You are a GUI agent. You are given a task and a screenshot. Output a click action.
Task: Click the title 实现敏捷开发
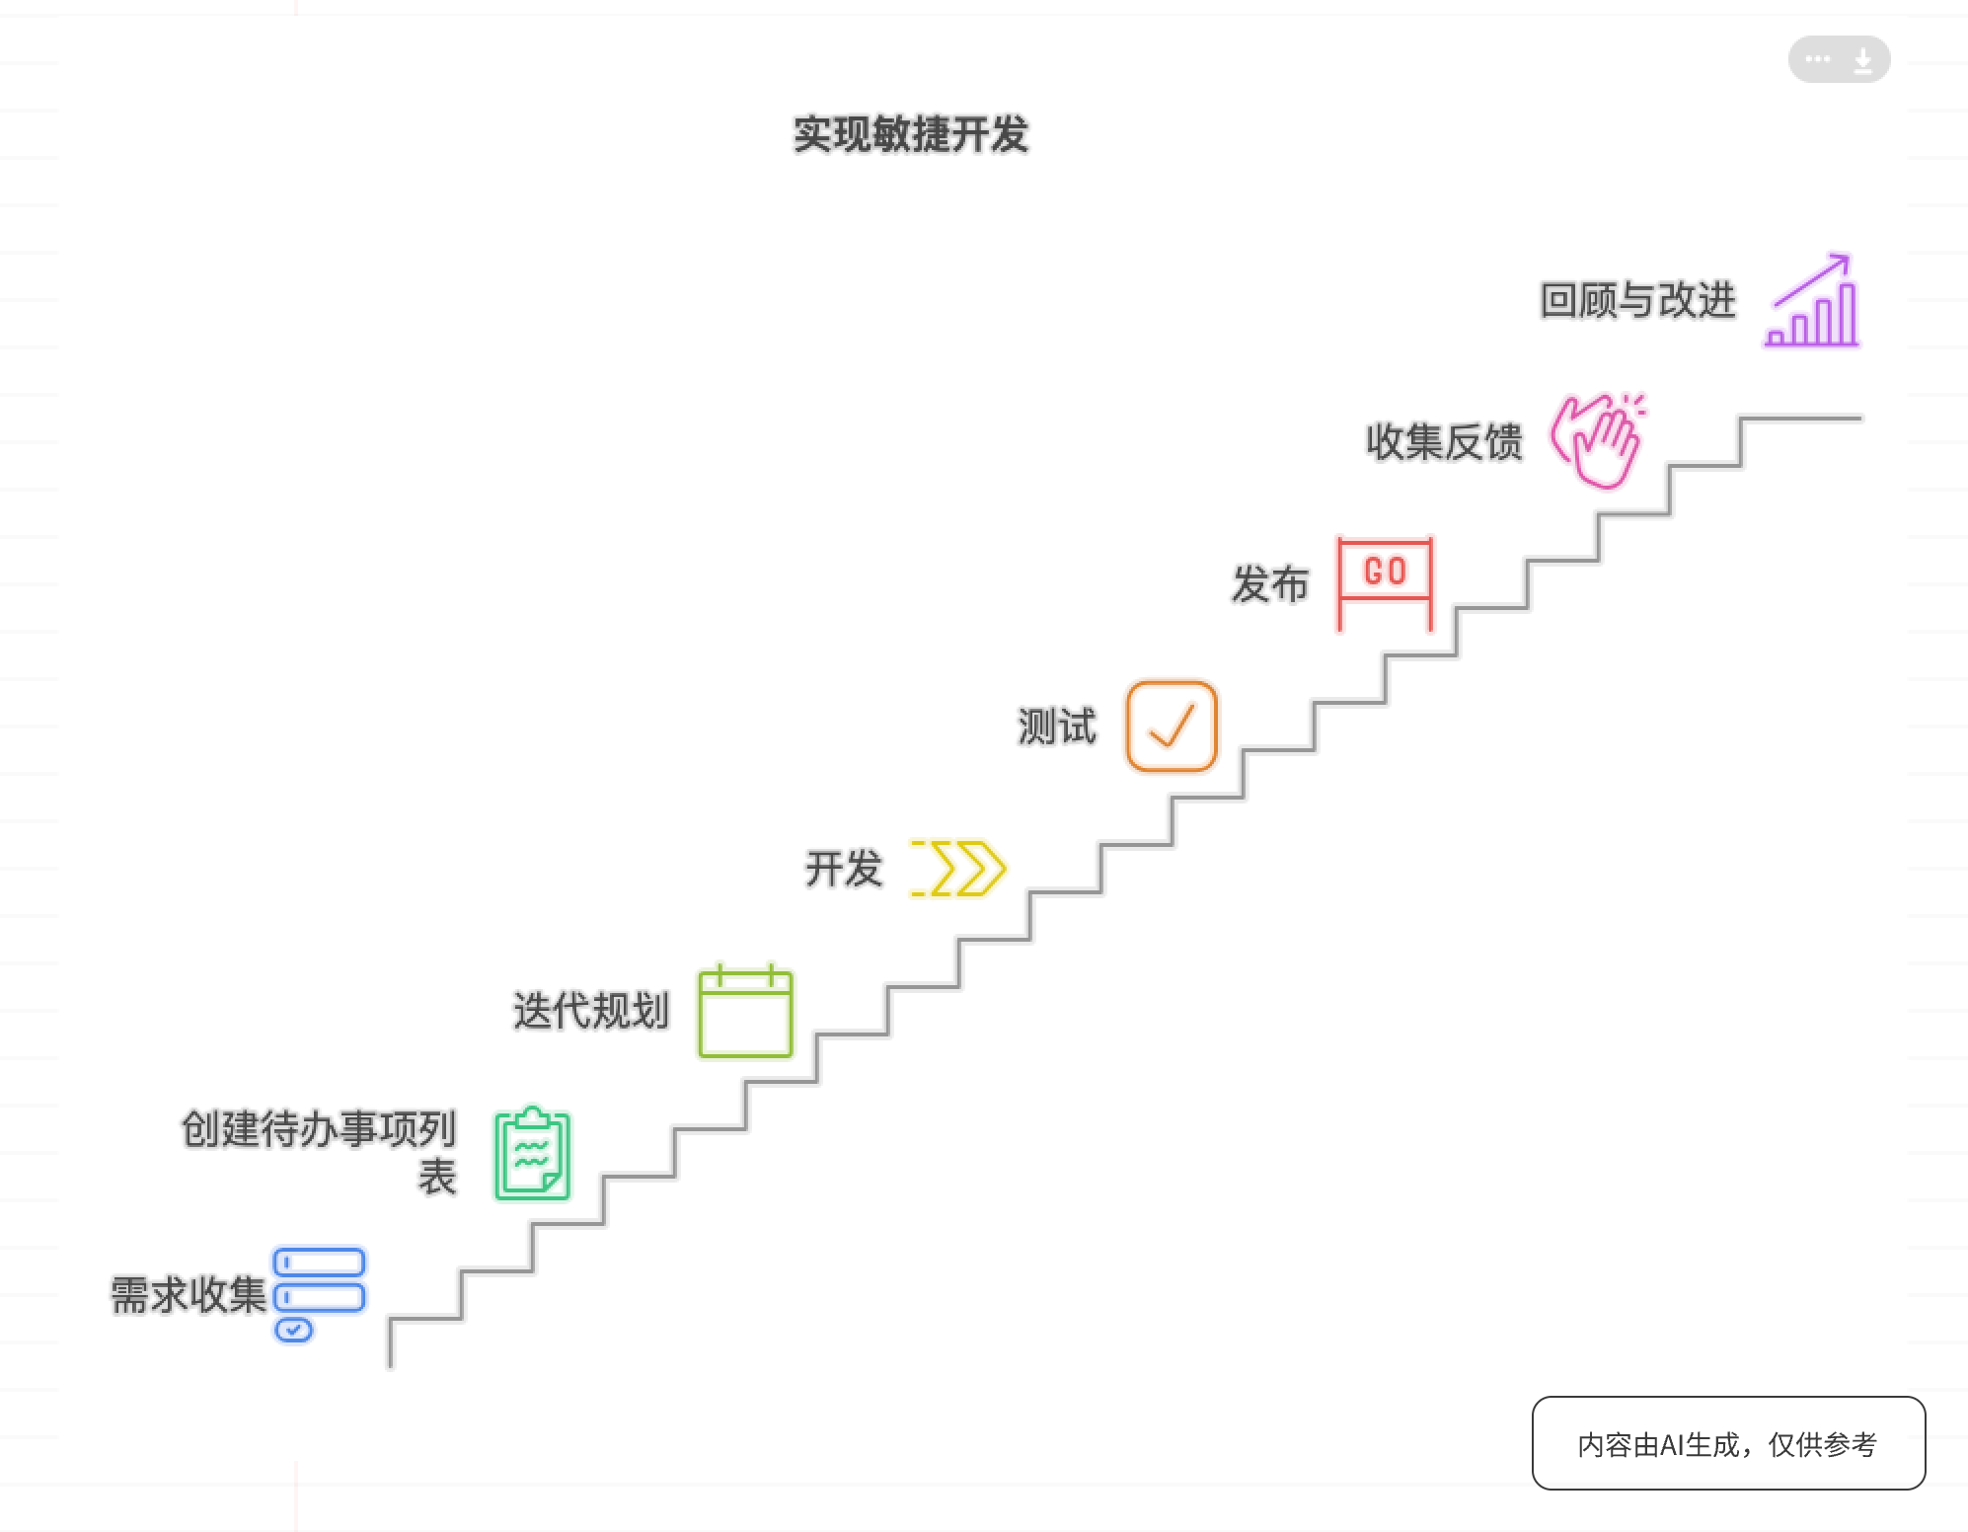pos(911,134)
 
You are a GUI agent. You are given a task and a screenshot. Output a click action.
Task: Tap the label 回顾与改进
pos(1637,300)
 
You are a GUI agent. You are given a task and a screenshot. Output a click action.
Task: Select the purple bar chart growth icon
pos(1812,300)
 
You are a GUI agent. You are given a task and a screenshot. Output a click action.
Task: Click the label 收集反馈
pos(1444,441)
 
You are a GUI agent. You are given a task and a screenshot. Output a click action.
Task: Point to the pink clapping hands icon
pos(1597,441)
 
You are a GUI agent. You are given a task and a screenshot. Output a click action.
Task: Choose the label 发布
pos(1269,583)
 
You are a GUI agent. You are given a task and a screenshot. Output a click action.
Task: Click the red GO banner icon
pos(1385,583)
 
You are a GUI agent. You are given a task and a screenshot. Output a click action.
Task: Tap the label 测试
pos(1057,727)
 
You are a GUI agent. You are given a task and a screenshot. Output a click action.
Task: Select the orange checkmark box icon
pos(1172,726)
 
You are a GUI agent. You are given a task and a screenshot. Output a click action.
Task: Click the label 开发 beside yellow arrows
pos(843,869)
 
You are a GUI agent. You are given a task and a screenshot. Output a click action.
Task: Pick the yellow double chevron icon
pos(957,869)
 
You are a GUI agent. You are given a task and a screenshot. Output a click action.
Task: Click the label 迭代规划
pos(590,1011)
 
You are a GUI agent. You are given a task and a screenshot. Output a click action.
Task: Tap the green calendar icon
pos(745,1011)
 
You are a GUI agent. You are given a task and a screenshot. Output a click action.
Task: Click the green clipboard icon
pos(533,1153)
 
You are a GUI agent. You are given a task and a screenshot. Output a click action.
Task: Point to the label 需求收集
pos(189,1295)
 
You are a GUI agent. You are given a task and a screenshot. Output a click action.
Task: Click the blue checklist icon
pos(319,1295)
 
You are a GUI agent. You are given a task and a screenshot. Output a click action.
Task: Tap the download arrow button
pos(1862,60)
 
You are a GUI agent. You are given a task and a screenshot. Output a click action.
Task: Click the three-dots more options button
pos(1817,59)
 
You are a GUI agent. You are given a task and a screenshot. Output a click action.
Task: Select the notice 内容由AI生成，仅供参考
pos(1728,1444)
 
